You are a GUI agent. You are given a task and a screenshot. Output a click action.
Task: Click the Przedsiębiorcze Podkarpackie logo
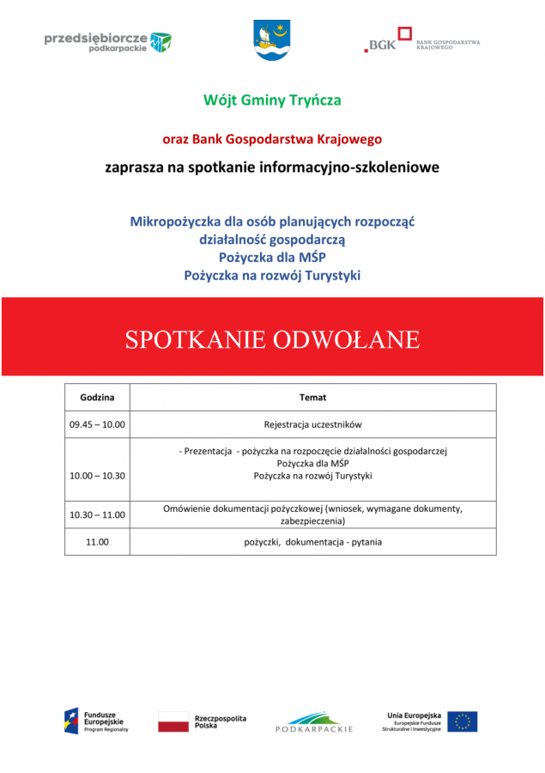coord(107,41)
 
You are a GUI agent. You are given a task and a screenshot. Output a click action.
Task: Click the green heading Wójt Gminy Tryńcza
coord(272,100)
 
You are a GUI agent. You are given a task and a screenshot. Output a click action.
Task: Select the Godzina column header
coord(97,398)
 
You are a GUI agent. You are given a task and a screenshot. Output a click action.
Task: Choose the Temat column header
coord(312,398)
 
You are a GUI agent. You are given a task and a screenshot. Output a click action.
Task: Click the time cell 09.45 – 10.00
coord(97,424)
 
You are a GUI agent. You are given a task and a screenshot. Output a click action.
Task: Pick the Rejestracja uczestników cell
coord(312,424)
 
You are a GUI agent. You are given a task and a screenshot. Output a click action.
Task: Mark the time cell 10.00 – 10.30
coord(97,476)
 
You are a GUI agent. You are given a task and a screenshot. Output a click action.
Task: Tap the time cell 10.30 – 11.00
coord(97,515)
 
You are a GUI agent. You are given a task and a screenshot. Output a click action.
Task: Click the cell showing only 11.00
coord(97,542)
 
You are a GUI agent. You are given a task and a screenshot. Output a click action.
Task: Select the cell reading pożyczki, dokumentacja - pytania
coord(312,542)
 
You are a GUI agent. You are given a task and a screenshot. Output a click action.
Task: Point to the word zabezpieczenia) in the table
coord(312,521)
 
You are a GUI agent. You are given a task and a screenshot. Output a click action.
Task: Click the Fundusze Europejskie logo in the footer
coord(96,721)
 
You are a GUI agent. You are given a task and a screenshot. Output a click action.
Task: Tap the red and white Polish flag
coord(173,721)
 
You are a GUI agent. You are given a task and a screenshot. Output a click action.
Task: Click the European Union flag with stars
coord(462,721)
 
